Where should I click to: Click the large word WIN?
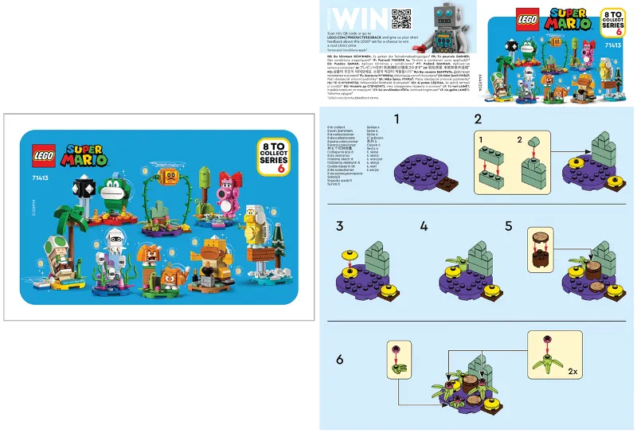(x=350, y=18)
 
